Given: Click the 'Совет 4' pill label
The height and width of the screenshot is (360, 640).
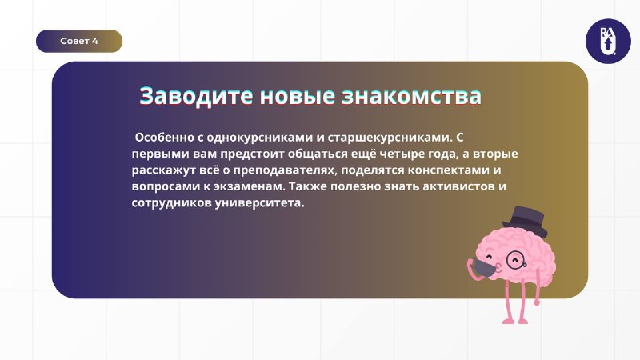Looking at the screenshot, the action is (79, 41).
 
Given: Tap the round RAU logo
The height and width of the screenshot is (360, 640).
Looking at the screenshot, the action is (608, 42).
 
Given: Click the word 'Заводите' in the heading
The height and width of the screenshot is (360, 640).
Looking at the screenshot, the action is (196, 96).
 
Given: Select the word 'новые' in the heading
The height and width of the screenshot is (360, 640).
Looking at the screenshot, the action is (298, 96).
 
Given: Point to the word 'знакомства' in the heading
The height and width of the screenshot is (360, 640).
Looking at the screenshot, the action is (411, 96).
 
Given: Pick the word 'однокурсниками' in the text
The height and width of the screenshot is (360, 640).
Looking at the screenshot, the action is (259, 138).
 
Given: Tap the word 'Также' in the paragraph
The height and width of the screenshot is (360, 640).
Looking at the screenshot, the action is (308, 186).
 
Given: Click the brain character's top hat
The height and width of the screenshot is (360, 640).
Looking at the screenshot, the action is (526, 222).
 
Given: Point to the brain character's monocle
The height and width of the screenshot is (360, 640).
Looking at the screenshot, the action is (514, 259).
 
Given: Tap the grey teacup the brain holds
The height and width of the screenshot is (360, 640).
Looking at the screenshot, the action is (485, 269).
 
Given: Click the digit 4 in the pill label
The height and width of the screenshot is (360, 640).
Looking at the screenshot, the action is (95, 41).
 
